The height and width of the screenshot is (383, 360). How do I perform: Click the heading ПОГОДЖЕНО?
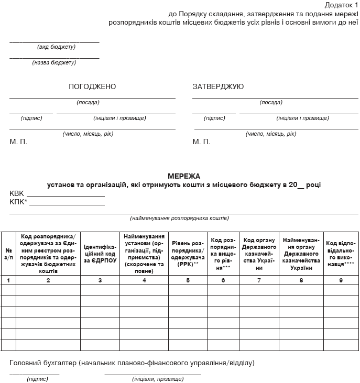(x=92, y=86)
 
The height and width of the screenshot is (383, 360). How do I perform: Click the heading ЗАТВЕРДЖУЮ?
(x=218, y=86)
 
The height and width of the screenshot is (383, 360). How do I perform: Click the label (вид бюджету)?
(x=56, y=47)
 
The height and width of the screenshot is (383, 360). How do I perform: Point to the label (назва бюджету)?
(x=54, y=62)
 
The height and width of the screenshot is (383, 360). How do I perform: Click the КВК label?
(x=17, y=193)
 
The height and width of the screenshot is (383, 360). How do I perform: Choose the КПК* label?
(x=18, y=201)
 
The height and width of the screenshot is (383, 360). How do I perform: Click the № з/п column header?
(x=8, y=254)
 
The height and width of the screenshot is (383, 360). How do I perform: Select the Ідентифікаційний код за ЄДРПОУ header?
(x=100, y=254)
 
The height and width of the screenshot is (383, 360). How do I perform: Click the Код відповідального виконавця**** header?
(x=341, y=254)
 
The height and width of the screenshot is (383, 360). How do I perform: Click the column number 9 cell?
(x=341, y=280)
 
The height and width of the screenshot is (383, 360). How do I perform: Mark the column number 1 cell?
(x=8, y=280)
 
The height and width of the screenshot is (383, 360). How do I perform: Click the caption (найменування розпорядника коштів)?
(x=179, y=218)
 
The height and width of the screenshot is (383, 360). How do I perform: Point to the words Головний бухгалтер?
(x=42, y=363)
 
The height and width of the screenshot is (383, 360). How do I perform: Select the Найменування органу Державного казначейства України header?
(x=301, y=254)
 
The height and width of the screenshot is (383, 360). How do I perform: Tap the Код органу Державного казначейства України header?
(x=259, y=254)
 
